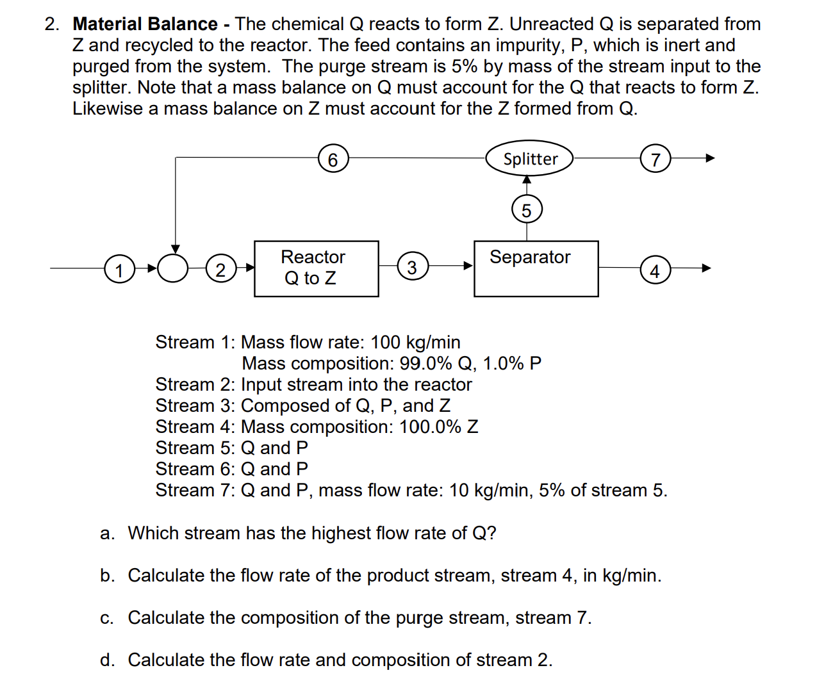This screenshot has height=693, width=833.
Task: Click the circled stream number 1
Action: pos(119,269)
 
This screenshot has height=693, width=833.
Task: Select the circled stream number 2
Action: pos(220,269)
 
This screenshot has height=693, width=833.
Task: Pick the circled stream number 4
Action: pos(654,270)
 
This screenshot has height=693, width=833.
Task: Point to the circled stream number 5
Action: pos(527,210)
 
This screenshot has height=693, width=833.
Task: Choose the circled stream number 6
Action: pos(333,159)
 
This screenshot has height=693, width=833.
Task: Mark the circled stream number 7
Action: pos(655,159)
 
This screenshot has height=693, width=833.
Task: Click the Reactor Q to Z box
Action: pos(316,268)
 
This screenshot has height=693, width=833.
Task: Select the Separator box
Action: pos(536,268)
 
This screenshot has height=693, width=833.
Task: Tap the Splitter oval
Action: pos(529,159)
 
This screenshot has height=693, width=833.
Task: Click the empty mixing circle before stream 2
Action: pos(173,268)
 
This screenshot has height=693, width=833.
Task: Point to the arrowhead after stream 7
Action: pos(709,158)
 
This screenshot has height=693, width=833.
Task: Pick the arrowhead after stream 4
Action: pos(706,268)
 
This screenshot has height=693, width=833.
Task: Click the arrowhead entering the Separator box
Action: pos(468,265)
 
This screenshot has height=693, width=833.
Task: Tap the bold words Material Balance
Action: pos(145,24)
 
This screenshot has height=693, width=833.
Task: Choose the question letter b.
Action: pos(107,575)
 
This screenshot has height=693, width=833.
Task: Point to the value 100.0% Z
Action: pos(438,427)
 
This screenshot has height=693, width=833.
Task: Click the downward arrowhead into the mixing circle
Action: pos(175,249)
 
